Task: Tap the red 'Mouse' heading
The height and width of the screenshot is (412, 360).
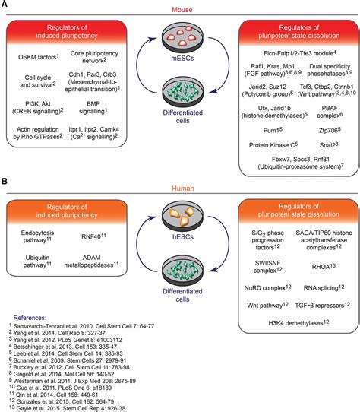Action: (181, 8)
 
